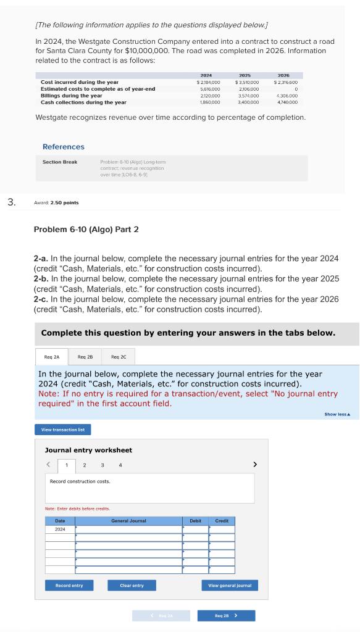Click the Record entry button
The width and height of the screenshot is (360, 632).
(x=69, y=585)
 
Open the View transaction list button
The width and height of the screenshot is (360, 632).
(x=63, y=430)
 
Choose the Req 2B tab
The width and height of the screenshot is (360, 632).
(x=85, y=357)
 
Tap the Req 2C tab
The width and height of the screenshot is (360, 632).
(x=119, y=357)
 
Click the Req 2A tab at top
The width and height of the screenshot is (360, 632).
(x=52, y=357)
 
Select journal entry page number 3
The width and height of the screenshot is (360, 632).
(x=103, y=465)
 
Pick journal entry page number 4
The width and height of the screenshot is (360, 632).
(x=120, y=465)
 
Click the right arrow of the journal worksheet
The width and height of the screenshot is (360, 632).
(x=255, y=464)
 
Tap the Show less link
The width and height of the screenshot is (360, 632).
(x=337, y=414)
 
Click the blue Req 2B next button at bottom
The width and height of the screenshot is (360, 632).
(x=226, y=615)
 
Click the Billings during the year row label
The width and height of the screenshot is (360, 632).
(x=72, y=96)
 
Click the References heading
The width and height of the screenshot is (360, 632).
(x=64, y=147)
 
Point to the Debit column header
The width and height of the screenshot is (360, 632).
(x=195, y=521)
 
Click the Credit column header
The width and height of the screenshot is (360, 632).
(x=222, y=521)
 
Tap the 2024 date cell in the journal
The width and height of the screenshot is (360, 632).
(x=60, y=530)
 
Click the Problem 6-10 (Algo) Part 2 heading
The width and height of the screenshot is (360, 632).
(x=86, y=230)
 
